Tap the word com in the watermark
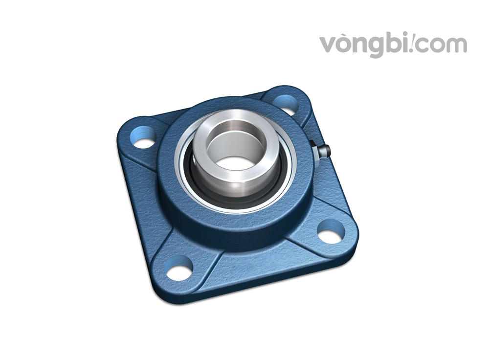442,45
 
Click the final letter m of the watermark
457,45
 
